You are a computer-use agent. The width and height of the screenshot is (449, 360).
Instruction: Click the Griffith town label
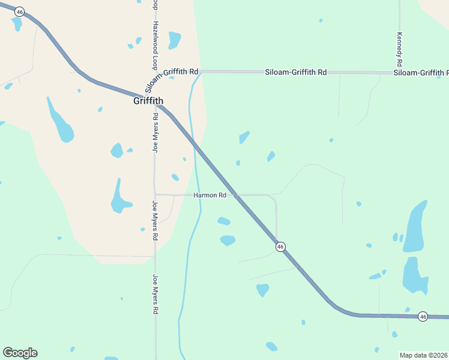tap(148, 101)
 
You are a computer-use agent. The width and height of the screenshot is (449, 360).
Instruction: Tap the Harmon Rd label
tap(209, 195)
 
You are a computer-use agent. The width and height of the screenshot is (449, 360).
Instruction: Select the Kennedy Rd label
tap(399, 49)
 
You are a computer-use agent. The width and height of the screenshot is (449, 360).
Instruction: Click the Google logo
tap(20, 353)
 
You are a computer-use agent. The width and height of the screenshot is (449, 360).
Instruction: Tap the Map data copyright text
tap(423, 355)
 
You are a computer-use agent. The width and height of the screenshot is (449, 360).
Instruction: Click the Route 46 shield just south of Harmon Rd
tap(280, 247)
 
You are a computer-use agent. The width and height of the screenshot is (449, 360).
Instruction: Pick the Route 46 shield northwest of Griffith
tap(20, 12)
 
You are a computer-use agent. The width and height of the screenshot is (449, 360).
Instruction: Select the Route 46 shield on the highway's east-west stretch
tap(423, 316)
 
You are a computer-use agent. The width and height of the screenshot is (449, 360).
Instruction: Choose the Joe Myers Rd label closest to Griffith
tap(155, 133)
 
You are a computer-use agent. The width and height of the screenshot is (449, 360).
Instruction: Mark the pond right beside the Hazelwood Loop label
tap(174, 40)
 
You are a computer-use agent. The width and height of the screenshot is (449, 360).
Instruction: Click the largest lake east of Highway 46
tap(415, 226)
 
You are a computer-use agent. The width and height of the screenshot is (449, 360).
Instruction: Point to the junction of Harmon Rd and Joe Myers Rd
tap(155, 194)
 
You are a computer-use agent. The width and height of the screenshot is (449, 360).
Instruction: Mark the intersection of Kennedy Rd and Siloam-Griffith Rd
tap(399, 73)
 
